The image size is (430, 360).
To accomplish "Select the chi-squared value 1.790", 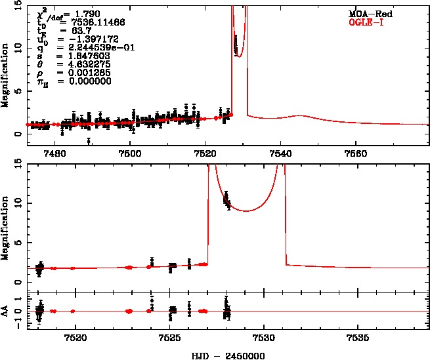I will [x=76, y=13].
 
